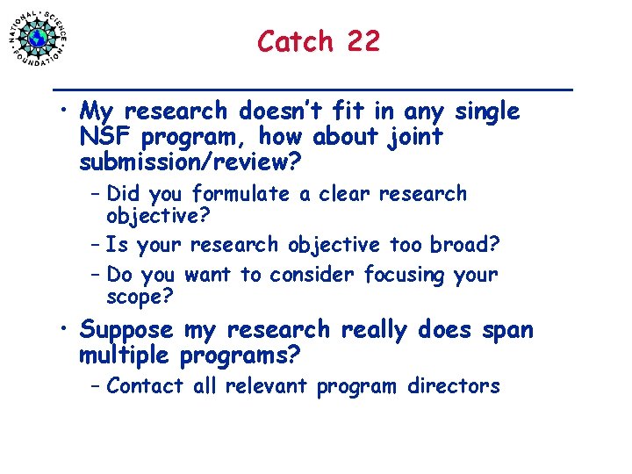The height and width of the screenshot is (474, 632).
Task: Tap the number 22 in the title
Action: (x=363, y=41)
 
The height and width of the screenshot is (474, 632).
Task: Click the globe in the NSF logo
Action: (x=38, y=38)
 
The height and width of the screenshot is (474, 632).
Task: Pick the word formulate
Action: (x=241, y=194)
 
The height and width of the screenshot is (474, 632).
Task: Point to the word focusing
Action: (x=405, y=275)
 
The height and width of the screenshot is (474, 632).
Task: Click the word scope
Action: (x=134, y=298)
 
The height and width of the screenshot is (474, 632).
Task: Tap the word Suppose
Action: (x=126, y=331)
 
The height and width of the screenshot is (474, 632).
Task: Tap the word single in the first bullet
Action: (x=487, y=112)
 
